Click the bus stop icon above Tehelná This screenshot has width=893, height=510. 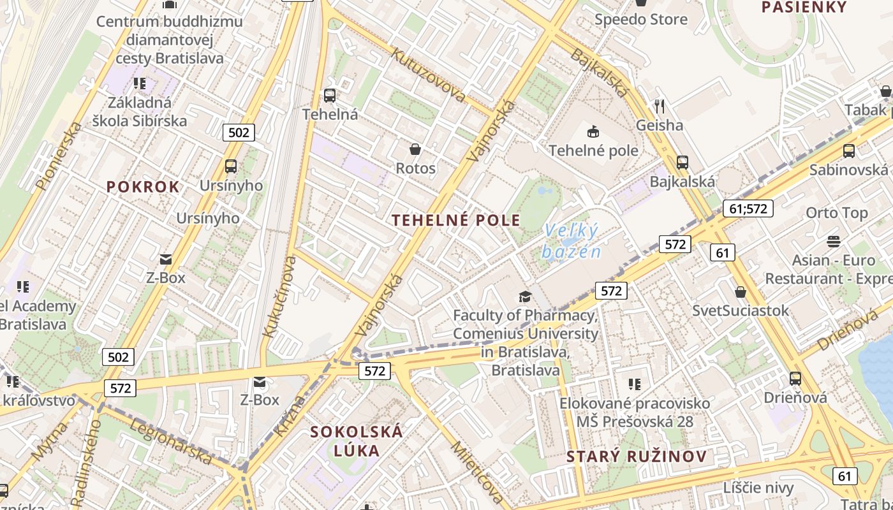coord(330,96)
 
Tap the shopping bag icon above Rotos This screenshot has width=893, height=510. coord(415,149)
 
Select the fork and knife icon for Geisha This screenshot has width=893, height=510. coord(660,106)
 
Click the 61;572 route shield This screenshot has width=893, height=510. coord(748,208)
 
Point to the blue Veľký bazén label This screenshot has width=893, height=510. coord(572,241)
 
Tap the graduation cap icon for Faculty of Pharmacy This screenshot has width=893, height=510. coord(525,296)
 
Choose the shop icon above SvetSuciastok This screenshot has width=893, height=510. coord(741,292)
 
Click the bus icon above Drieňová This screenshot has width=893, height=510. coord(795,378)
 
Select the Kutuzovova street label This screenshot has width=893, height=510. coord(429,75)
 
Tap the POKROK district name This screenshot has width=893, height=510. coord(143,187)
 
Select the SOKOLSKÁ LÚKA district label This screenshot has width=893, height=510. coord(357,441)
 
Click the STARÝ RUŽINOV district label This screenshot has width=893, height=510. coord(637,456)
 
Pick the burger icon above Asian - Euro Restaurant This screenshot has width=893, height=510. coord(833,242)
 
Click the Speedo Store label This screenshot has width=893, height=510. coord(641,19)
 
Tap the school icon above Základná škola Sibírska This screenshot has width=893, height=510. coord(140,84)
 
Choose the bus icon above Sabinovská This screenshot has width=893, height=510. coord(848,151)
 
